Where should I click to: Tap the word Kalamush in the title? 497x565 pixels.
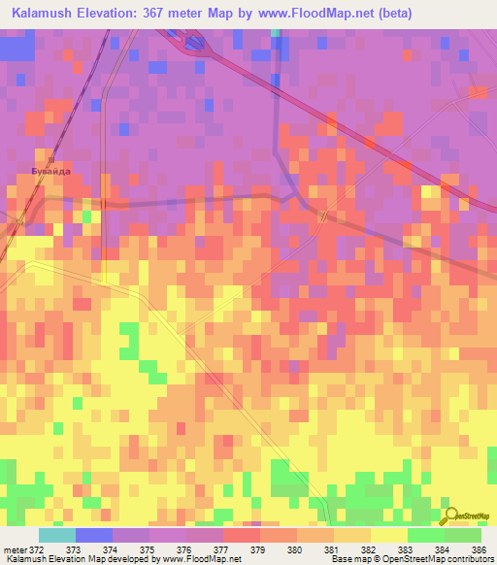(x=47, y=14)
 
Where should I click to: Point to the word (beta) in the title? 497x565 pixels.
(x=388, y=14)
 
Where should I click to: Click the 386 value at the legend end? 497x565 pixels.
(x=480, y=549)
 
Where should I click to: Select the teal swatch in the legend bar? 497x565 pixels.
(x=57, y=535)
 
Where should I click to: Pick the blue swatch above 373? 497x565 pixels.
(x=94, y=535)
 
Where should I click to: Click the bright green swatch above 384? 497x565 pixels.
(x=462, y=535)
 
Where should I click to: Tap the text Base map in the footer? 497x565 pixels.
(x=348, y=560)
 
